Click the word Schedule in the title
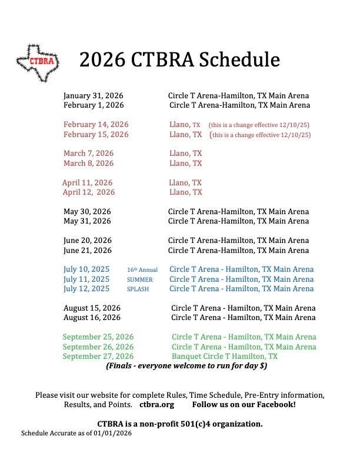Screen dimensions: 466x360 click(239, 59)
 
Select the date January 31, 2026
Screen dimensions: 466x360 click(94, 95)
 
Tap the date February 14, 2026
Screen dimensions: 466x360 click(96, 125)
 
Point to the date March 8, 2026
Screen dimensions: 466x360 click(89, 163)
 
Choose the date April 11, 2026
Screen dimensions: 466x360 click(88, 183)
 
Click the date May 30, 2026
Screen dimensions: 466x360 click(87, 211)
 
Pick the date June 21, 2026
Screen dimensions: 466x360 click(88, 250)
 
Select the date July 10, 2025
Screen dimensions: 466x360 click(86, 269)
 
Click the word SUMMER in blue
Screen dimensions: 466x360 click(139, 279)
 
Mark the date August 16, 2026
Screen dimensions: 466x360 click(92, 318)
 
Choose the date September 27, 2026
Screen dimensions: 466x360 click(98, 357)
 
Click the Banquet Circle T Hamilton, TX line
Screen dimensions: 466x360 click(225, 357)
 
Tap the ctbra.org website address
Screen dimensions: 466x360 click(156, 405)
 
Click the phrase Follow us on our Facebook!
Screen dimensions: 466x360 click(244, 405)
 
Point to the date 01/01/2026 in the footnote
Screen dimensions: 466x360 click(112, 434)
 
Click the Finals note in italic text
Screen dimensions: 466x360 click(187, 366)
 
